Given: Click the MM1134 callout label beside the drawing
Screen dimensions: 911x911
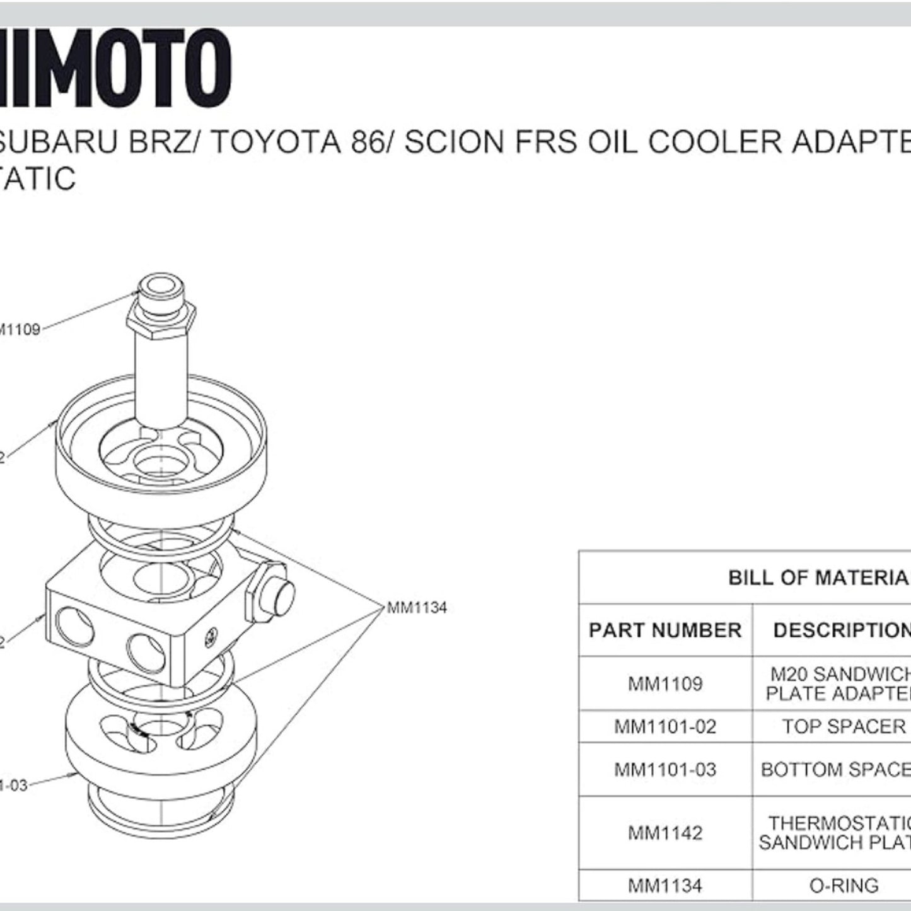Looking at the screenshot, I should click(x=417, y=608).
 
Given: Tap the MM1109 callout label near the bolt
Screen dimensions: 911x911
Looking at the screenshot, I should click(x=20, y=329).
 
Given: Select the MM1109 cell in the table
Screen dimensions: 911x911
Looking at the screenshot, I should click(x=665, y=684).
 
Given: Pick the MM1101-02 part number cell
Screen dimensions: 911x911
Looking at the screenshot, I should click(x=665, y=727).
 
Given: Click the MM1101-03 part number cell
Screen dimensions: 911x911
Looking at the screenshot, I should click(x=665, y=770).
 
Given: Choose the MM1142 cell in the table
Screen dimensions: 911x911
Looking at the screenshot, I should click(x=665, y=833).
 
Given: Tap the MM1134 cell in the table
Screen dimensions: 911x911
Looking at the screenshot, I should click(x=665, y=886).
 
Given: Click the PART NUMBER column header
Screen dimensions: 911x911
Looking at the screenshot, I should click(x=665, y=630).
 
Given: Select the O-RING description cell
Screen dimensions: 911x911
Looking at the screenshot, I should click(x=844, y=886).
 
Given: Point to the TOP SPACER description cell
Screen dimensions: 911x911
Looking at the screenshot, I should click(x=844, y=727).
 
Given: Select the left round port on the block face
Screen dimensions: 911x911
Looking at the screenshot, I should click(x=74, y=625).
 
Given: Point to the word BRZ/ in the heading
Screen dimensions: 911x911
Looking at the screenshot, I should click(x=165, y=142).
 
